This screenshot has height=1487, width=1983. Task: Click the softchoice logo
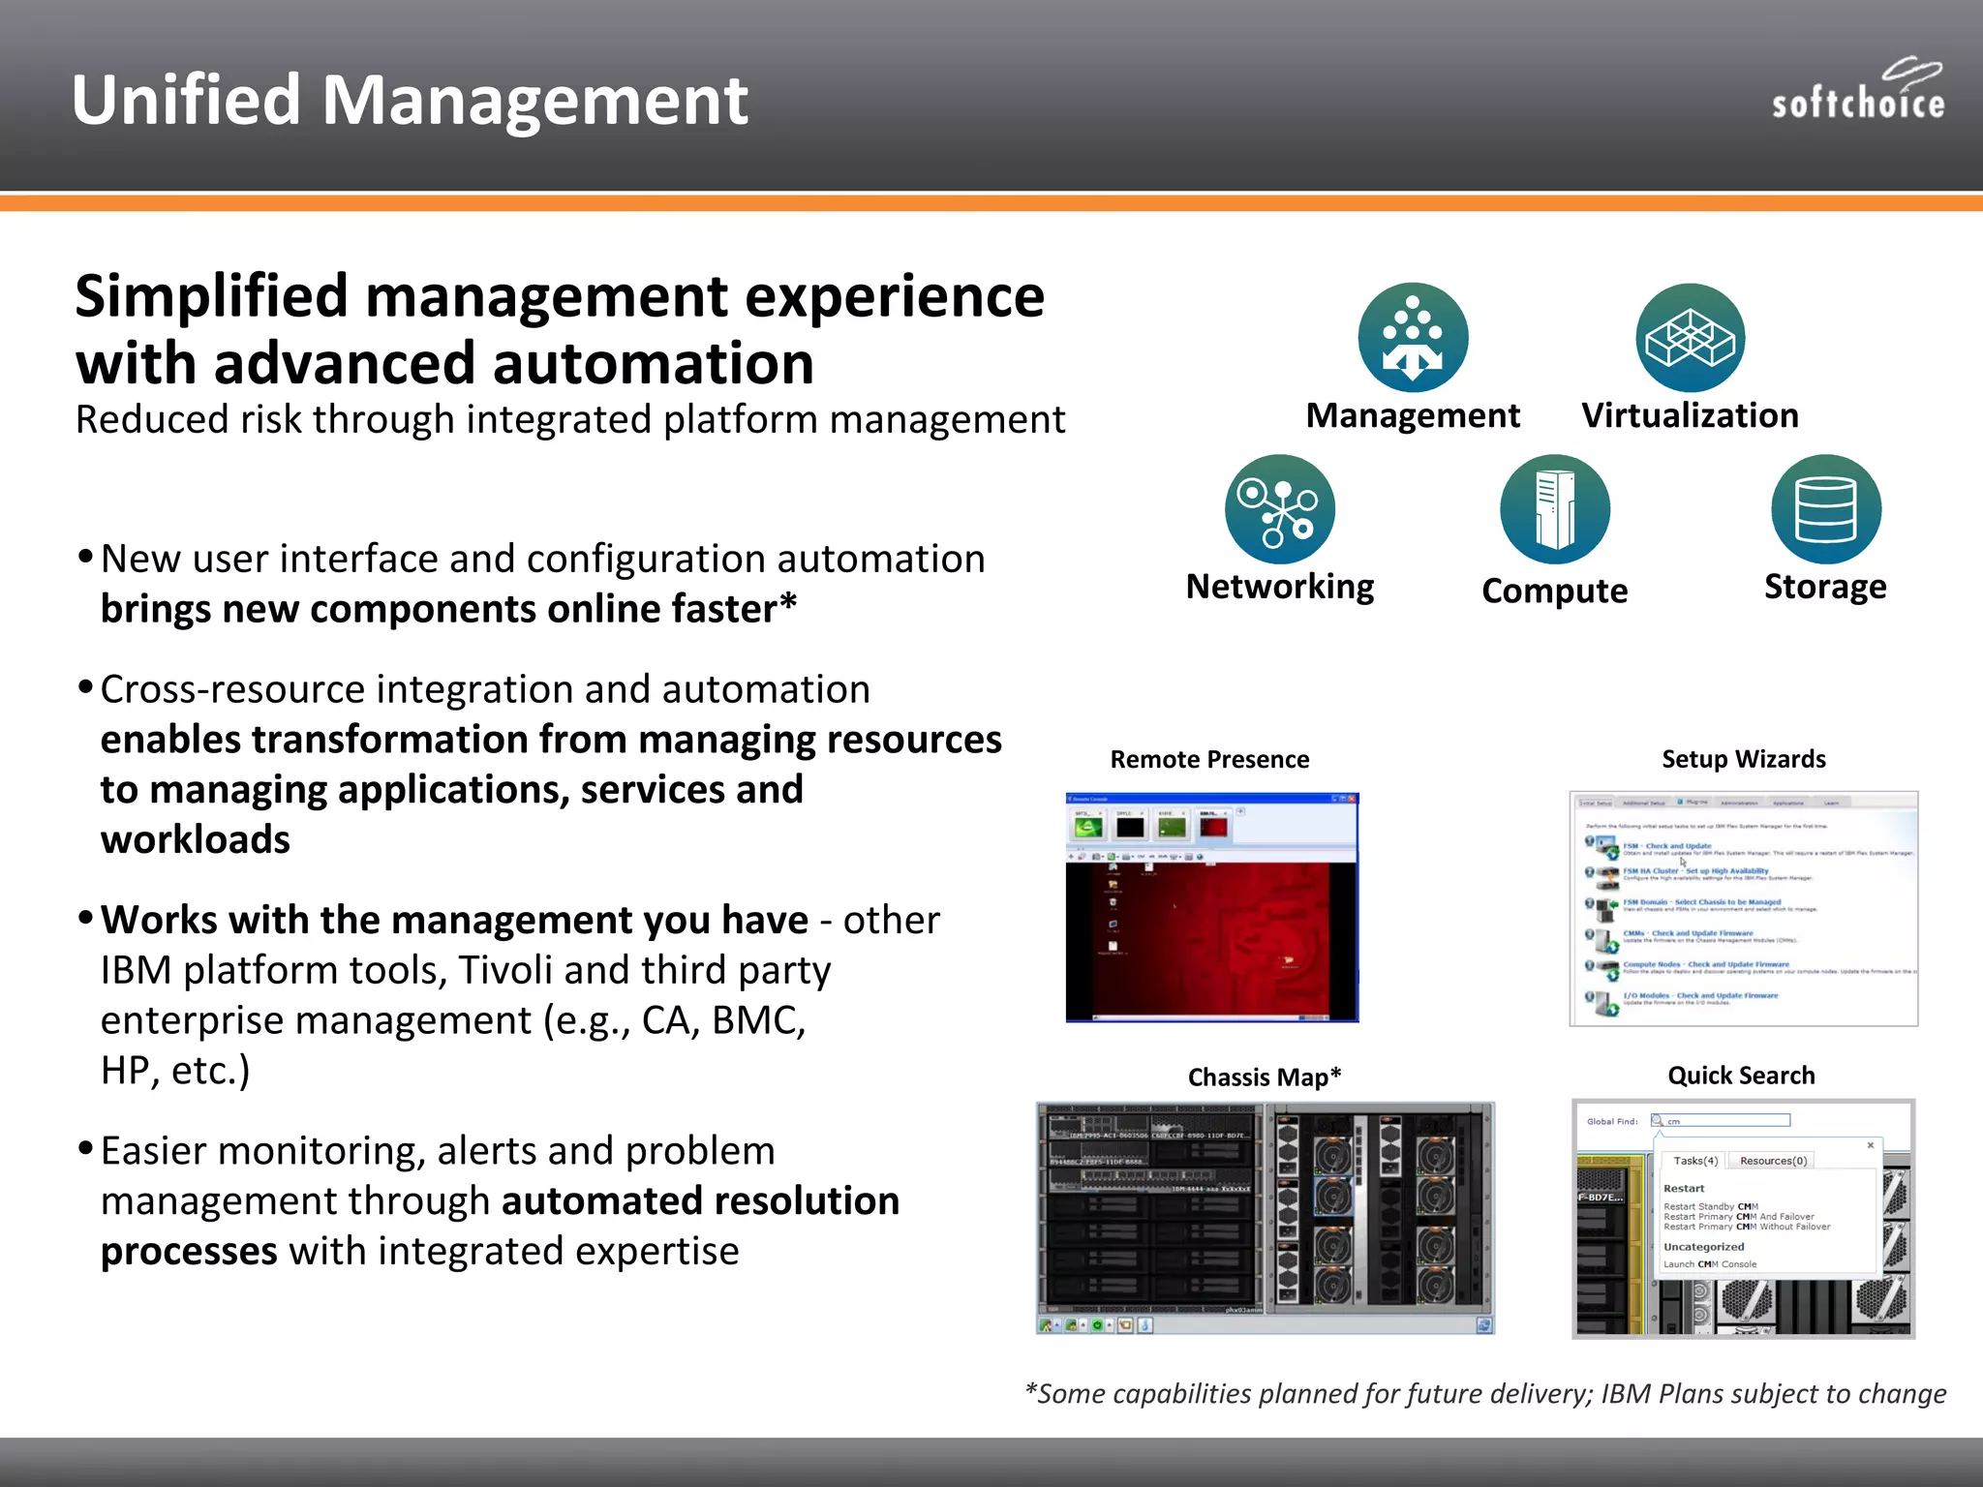click(x=1857, y=91)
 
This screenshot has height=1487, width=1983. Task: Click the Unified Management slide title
click(x=410, y=100)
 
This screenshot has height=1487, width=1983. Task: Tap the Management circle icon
click(x=1413, y=338)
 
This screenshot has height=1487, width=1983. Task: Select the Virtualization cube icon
click(x=1690, y=338)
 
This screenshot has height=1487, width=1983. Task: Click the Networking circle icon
click(x=1279, y=509)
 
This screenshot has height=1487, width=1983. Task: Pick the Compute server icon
click(x=1554, y=509)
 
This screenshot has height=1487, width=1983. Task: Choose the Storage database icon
click(x=1825, y=509)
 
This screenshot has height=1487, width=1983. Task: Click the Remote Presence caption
click(x=1209, y=760)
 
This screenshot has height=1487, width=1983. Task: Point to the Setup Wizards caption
click(x=1743, y=760)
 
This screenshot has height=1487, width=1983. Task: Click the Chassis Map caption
click(x=1264, y=1077)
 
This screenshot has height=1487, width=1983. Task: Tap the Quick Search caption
click(x=1741, y=1076)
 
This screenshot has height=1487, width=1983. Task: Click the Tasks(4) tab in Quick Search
click(x=1694, y=1161)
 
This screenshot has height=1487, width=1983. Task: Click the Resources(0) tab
click(x=1773, y=1161)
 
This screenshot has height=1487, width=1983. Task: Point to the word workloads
click(x=195, y=839)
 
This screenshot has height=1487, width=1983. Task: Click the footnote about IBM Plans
click(x=1485, y=1394)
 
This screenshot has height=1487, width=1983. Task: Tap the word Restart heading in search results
click(x=1684, y=1189)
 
